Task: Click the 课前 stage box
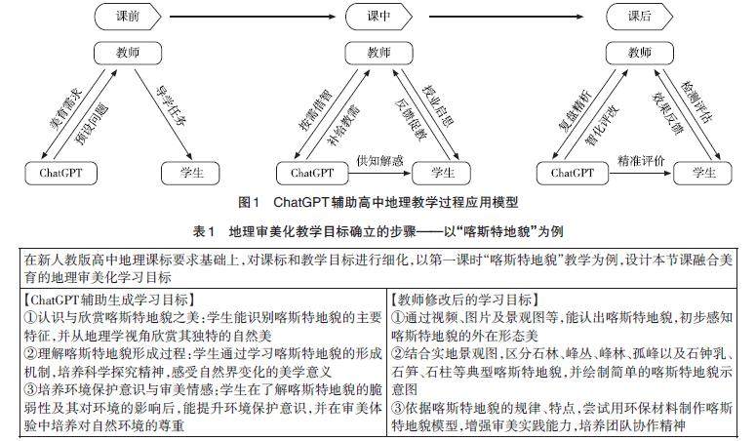[x=129, y=17]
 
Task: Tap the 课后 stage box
[x=640, y=17]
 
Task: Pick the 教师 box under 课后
[x=640, y=52]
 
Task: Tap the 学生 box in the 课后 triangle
[x=697, y=174]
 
